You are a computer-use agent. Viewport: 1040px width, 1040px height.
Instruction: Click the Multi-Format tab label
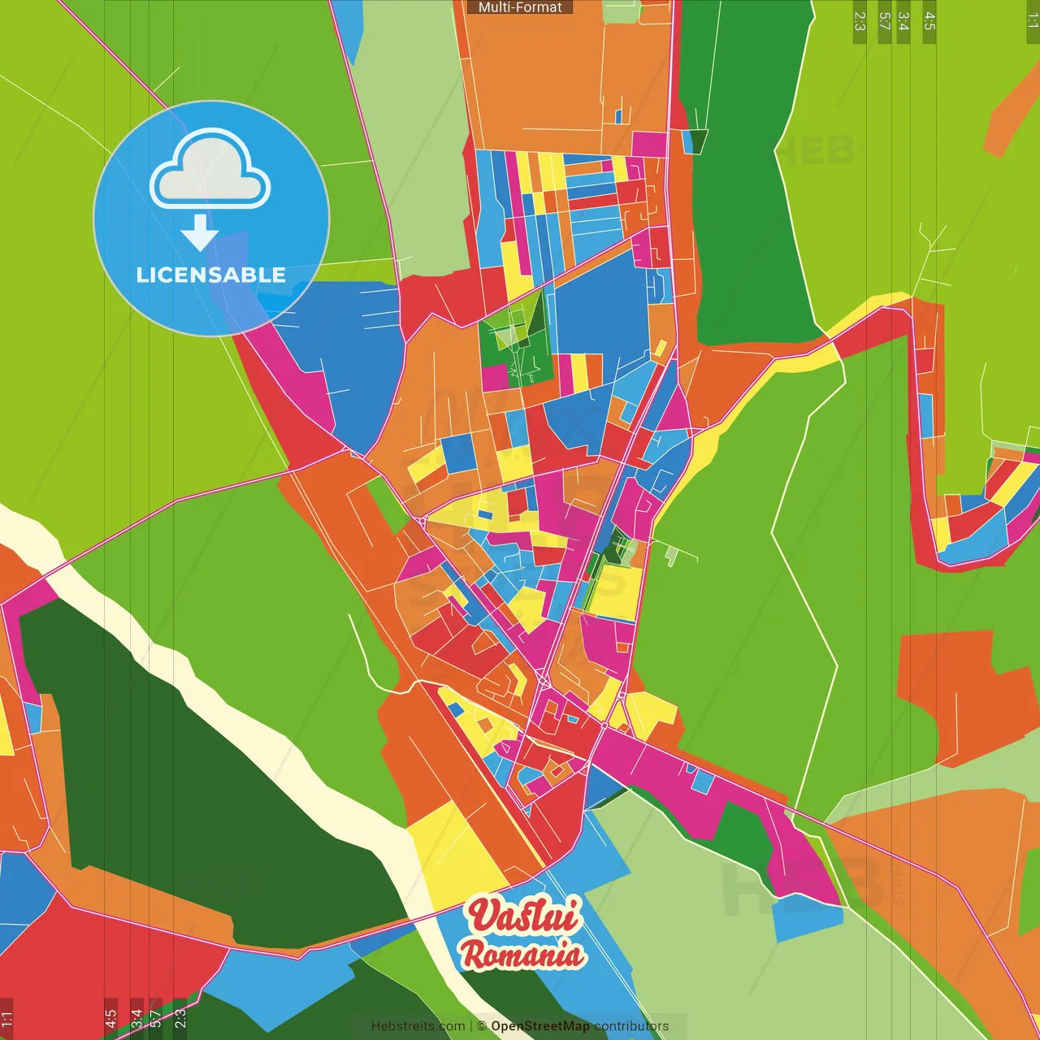pyautogui.click(x=520, y=7)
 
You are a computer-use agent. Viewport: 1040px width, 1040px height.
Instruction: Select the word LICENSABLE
pyautogui.click(x=210, y=275)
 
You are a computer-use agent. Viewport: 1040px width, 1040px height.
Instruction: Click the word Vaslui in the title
pyautogui.click(x=524, y=916)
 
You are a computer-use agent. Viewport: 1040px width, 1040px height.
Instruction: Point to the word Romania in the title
pyautogui.click(x=522, y=955)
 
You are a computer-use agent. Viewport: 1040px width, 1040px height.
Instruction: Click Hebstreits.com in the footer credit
pyautogui.click(x=418, y=1026)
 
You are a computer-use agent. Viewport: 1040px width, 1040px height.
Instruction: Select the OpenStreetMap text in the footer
pyautogui.click(x=539, y=1026)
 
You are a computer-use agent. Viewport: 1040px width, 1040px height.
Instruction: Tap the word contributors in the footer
pyautogui.click(x=631, y=1026)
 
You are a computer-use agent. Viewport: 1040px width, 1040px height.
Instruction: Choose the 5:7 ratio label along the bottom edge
pyautogui.click(x=155, y=1018)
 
